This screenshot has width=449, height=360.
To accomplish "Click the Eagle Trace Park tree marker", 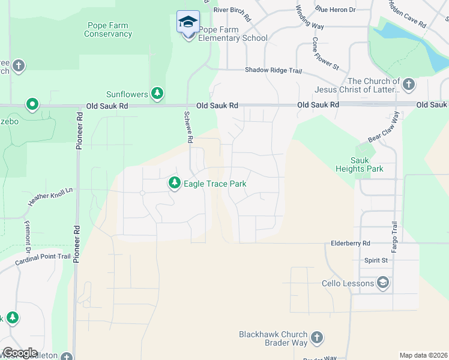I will [x=175, y=182].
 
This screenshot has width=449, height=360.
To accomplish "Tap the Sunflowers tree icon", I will [x=157, y=93].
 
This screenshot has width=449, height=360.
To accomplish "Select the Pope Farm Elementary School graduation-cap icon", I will [x=188, y=22].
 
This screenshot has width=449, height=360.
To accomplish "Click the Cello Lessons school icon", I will [x=383, y=283].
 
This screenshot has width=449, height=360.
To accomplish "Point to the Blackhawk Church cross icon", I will [x=317, y=338].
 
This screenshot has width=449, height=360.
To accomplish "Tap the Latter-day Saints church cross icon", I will [x=409, y=84].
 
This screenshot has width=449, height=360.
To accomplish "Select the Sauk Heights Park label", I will [x=367, y=165].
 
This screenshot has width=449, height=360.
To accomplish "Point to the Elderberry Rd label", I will [x=351, y=244].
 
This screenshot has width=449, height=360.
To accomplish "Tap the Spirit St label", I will [x=376, y=260].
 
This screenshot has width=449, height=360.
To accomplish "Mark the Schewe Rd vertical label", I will [x=188, y=127].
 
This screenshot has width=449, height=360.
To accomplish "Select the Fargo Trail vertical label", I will [x=394, y=235].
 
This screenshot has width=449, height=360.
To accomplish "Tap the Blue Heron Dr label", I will [x=336, y=10].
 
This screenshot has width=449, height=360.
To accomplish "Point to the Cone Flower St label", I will [x=318, y=52].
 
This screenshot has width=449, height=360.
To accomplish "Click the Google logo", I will [x=19, y=353].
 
